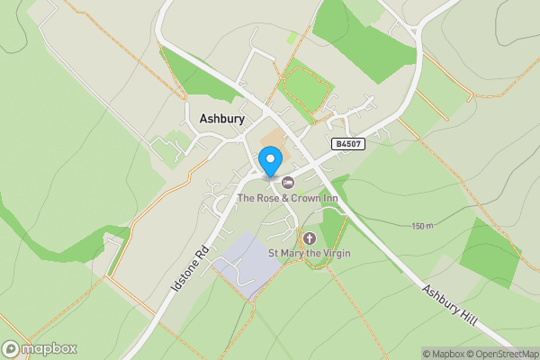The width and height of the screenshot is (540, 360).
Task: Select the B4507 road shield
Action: pyautogui.click(x=347, y=143)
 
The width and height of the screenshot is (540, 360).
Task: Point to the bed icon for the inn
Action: pyautogui.click(x=288, y=183)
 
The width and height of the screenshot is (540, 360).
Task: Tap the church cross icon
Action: pyautogui.click(x=310, y=238)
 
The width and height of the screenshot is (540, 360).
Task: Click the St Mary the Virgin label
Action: pyautogui.click(x=310, y=253)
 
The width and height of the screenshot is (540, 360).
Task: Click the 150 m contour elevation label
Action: pyautogui.click(x=423, y=226)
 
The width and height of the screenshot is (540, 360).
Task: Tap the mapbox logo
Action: pyautogui.click(x=39, y=348)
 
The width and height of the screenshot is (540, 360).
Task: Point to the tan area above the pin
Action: pyautogui.click(x=273, y=139)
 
